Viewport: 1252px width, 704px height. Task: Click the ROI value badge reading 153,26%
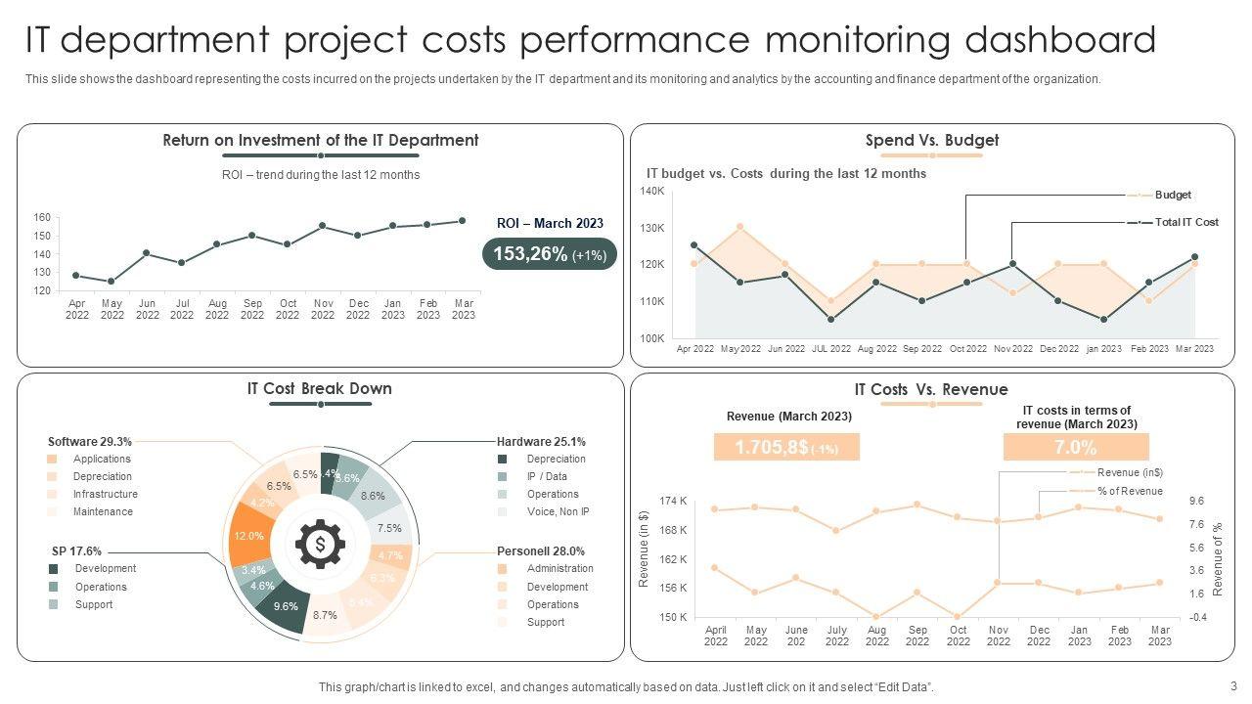[549, 254]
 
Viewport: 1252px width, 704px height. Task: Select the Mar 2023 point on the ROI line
[463, 221]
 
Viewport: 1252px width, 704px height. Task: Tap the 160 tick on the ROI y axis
[42, 217]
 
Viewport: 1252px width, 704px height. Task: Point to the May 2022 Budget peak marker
[740, 227]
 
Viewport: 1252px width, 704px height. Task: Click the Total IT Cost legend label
[1186, 222]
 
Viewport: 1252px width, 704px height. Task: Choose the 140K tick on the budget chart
[652, 191]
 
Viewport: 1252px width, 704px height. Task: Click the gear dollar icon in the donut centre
[321, 545]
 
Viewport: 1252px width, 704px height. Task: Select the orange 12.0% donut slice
[248, 536]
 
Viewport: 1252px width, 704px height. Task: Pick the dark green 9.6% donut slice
[285, 605]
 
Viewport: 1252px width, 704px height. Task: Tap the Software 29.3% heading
[90, 441]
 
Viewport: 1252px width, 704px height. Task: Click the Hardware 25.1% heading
[541, 441]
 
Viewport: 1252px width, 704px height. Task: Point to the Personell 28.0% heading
[540, 550]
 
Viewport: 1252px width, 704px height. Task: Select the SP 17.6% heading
[76, 550]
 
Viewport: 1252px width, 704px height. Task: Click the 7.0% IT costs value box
[1075, 448]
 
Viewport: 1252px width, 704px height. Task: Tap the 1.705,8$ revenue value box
[786, 448]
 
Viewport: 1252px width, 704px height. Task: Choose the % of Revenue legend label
[1130, 491]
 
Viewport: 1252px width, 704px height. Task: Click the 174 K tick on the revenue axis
[674, 501]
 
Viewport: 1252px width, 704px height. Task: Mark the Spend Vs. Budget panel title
[931, 140]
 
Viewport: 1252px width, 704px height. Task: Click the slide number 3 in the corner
[1233, 685]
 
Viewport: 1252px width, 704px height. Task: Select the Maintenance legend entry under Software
[103, 511]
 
